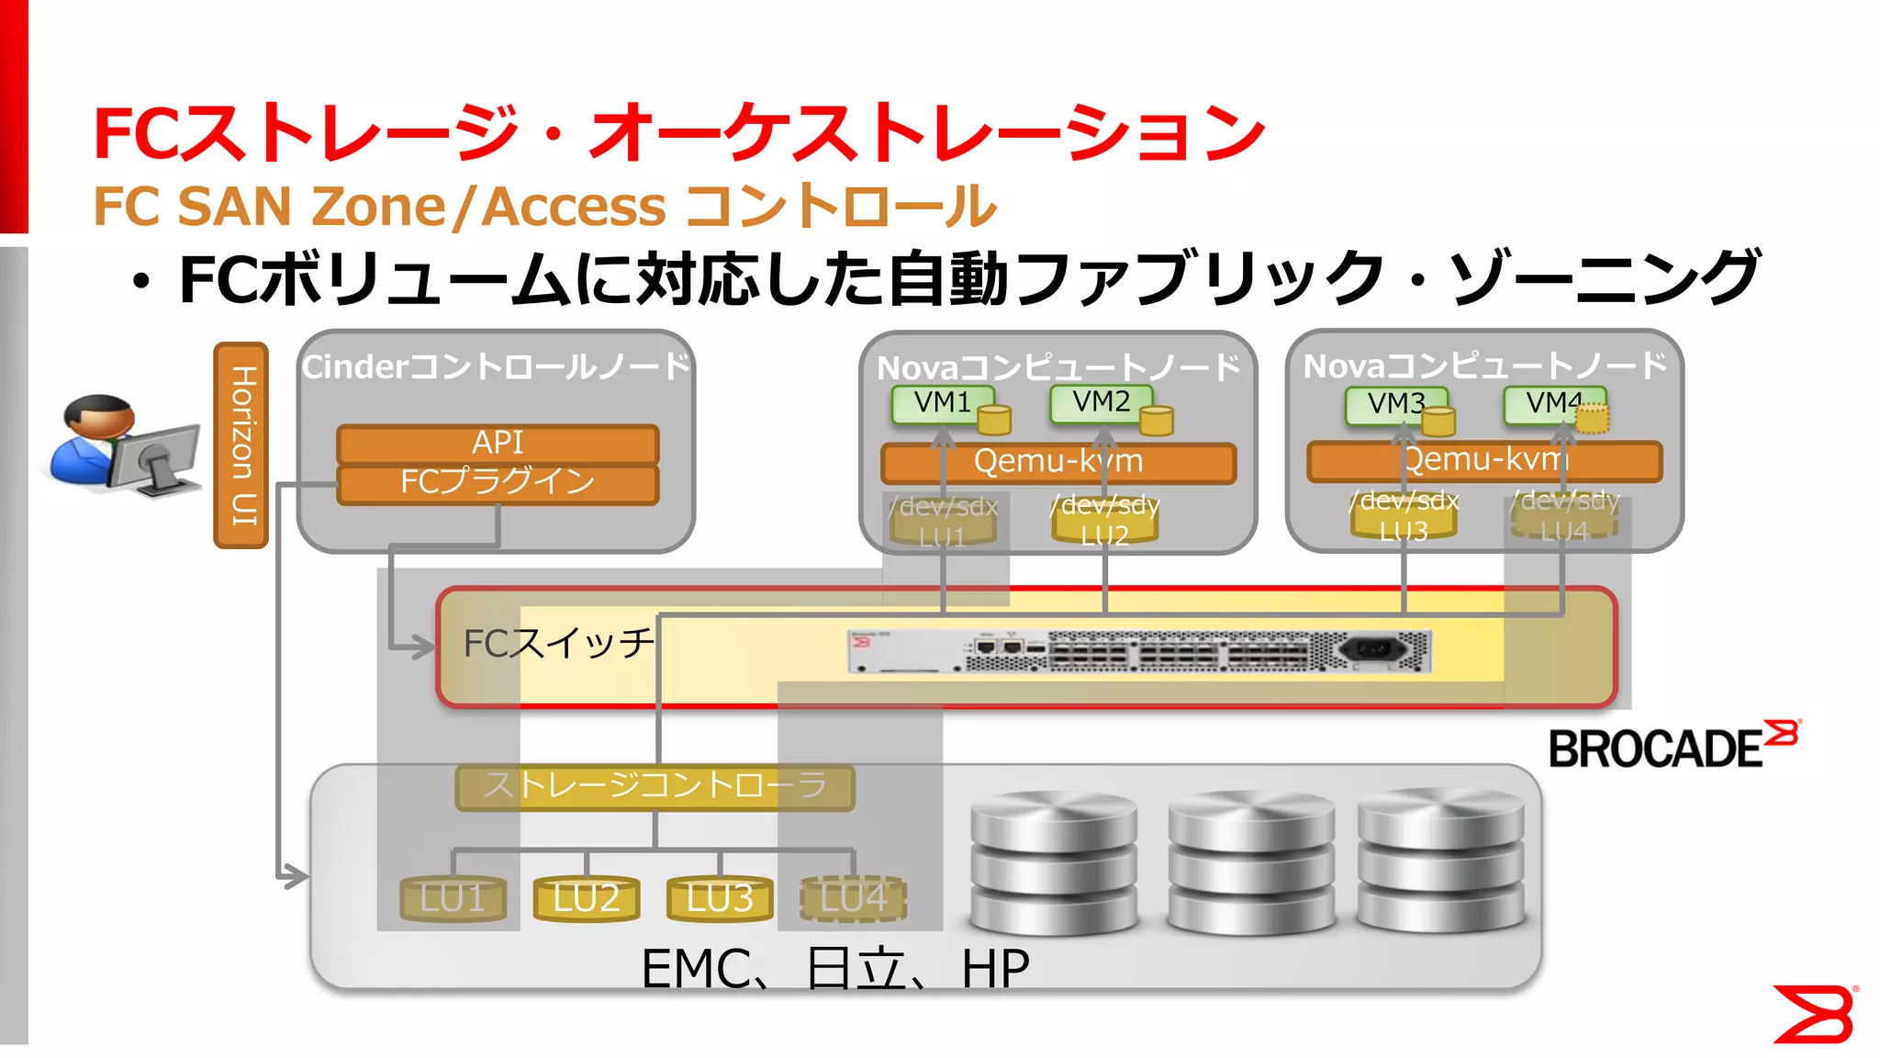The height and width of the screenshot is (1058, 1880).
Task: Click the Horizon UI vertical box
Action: (x=241, y=445)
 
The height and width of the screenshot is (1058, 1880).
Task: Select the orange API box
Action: (x=498, y=443)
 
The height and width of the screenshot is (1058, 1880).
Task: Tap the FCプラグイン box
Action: (x=498, y=483)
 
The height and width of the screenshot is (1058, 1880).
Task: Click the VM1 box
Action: (x=943, y=403)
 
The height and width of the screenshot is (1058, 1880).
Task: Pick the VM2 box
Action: (x=1101, y=402)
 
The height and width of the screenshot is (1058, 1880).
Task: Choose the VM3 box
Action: (x=1395, y=404)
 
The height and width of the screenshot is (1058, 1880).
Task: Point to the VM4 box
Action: (x=1553, y=403)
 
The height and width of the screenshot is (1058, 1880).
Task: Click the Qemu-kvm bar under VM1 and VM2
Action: (x=1057, y=462)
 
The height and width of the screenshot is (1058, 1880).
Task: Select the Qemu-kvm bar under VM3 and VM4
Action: (x=1484, y=461)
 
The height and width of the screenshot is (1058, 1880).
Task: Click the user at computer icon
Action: (x=124, y=446)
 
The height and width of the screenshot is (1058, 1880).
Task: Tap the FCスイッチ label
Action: (x=558, y=644)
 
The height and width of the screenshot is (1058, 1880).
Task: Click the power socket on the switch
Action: (x=1373, y=649)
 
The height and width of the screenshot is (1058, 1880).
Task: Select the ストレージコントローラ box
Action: (x=655, y=787)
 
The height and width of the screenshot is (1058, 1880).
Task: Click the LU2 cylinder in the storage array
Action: (x=587, y=898)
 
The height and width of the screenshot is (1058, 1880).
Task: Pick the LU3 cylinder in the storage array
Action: (x=720, y=898)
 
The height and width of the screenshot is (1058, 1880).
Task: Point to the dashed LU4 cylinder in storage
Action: (x=854, y=898)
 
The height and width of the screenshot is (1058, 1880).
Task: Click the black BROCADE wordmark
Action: (x=1655, y=749)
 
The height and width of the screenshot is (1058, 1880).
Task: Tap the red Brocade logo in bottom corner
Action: (x=1815, y=1014)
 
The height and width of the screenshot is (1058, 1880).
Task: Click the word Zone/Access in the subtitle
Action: (x=488, y=207)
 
